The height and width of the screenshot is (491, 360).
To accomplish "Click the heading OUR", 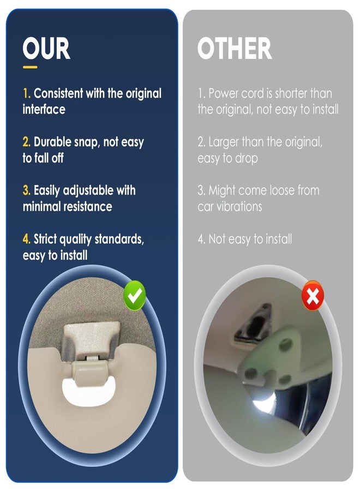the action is (x=46, y=48).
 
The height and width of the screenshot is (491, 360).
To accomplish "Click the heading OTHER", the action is (x=235, y=48).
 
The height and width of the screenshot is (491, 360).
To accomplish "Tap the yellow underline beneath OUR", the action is (x=30, y=67).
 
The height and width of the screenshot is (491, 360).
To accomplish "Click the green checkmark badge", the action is (x=135, y=296).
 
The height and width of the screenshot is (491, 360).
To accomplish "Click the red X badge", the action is (x=313, y=295).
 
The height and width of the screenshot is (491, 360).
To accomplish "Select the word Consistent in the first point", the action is (x=58, y=93).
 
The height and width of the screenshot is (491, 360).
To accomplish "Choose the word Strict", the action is (x=45, y=239).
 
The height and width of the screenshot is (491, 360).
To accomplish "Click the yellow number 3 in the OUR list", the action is (x=26, y=190).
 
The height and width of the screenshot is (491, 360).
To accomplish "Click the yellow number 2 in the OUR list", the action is (x=26, y=142).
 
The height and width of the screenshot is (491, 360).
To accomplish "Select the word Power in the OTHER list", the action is (x=223, y=93).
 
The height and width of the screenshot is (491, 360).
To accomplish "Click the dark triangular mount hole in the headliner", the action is (x=256, y=324).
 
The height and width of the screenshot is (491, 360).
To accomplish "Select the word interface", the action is (x=44, y=109).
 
